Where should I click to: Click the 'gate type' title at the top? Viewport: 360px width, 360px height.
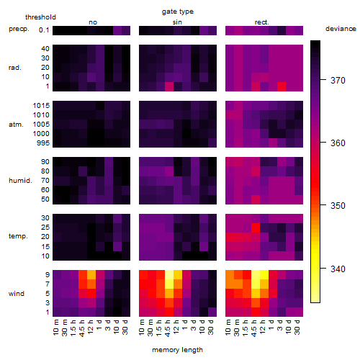[x=178, y=12]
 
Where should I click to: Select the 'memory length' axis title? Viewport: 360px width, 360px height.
[x=177, y=350]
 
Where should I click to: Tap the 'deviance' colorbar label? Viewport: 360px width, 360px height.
[x=341, y=29]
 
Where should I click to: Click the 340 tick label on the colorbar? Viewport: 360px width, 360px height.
[x=338, y=269]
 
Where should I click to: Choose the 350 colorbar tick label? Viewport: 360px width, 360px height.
[x=338, y=206]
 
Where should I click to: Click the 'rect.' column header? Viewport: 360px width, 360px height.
[x=262, y=22]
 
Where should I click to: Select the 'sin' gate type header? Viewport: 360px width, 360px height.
[x=177, y=22]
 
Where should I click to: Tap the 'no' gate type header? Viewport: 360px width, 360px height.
[x=93, y=22]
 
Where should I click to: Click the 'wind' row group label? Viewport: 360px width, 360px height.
[x=17, y=294]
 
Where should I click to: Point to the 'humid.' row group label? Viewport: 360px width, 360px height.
[x=20, y=181]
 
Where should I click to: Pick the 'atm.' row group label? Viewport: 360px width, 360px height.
[x=16, y=125]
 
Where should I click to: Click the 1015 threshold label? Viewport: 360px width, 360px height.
[x=41, y=106]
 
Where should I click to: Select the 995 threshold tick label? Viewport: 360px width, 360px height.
[x=43, y=143]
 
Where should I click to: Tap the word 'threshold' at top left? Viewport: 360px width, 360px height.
[x=40, y=17]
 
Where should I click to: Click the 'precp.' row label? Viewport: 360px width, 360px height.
[x=19, y=29]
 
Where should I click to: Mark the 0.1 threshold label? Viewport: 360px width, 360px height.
[x=44, y=30]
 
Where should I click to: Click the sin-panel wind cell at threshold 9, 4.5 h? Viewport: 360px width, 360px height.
[x=169, y=274]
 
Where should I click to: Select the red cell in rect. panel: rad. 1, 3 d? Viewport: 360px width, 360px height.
[x=282, y=86]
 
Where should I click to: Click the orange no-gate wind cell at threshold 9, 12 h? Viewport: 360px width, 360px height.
[x=91, y=274]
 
